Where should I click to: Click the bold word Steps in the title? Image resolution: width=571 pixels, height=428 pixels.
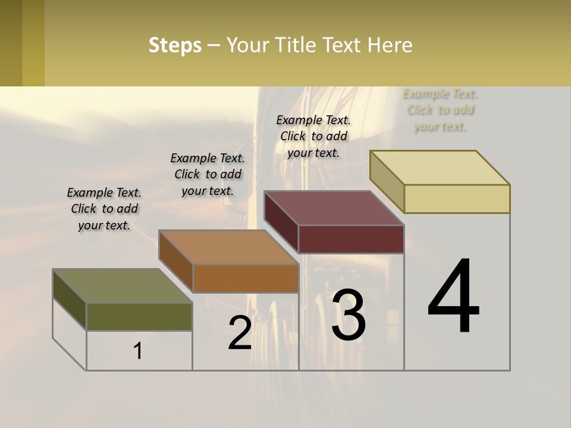pos(175,45)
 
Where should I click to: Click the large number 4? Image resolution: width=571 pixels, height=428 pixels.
pos(453,297)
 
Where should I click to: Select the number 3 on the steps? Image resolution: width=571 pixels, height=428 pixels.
pos(348,314)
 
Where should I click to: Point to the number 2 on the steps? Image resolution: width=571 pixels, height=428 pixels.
pos(240,333)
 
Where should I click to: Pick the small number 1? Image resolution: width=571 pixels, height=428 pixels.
pos(137,351)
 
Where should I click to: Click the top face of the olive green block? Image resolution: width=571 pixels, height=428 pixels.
pos(123,286)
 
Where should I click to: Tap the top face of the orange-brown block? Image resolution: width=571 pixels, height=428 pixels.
pos(228,247)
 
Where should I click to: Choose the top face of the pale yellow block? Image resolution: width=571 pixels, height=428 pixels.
pos(440,168)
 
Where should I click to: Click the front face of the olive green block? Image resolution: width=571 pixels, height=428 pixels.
pos(139,316)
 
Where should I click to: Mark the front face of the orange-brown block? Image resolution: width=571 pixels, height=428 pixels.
pos(245,278)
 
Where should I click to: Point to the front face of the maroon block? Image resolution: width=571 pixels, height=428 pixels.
pos(351,239)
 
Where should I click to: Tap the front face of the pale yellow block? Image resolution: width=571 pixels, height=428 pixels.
pos(457,199)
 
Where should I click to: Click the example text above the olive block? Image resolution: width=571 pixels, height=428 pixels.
pos(104,209)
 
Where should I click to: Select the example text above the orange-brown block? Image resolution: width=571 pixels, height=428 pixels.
pos(208,174)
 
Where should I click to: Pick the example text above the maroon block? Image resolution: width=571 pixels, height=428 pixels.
pos(313,136)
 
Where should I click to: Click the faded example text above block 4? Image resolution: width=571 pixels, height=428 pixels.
pos(440,110)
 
